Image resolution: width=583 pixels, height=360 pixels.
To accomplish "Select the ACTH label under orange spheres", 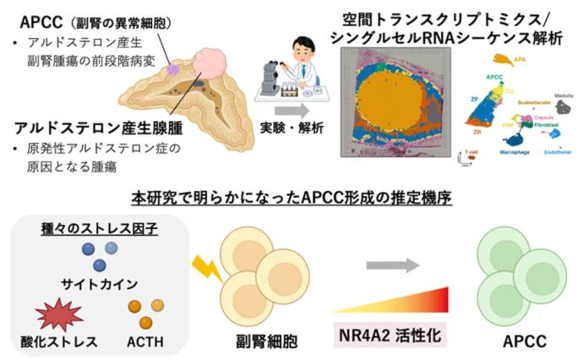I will click(x=145, y=341).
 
